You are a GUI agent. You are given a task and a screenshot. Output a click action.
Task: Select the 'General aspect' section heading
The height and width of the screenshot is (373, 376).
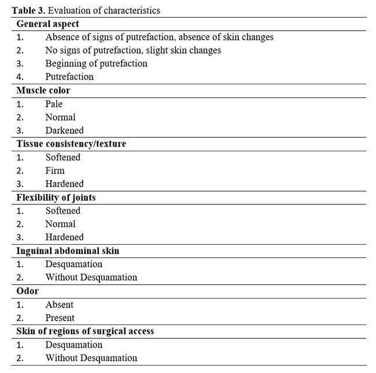pyautogui.click(x=47, y=24)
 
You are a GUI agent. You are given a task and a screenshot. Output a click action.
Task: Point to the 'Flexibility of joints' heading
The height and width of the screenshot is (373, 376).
pyautogui.click(x=56, y=197)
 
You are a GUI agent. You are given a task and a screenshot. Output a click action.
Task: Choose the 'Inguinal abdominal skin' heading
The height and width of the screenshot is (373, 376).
pyautogui.click(x=68, y=251)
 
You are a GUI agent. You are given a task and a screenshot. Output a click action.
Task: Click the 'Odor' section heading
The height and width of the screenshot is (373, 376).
pyautogui.click(x=27, y=291)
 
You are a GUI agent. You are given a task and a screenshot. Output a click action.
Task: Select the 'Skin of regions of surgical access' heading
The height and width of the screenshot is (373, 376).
pyautogui.click(x=84, y=331)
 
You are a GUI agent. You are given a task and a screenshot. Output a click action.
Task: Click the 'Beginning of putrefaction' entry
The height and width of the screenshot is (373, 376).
pyautogui.click(x=96, y=64)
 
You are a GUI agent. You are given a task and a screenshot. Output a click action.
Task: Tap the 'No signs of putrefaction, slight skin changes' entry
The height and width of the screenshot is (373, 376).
pyautogui.click(x=133, y=50)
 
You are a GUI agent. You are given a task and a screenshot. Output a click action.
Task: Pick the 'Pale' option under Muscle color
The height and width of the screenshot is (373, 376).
pyautogui.click(x=54, y=104)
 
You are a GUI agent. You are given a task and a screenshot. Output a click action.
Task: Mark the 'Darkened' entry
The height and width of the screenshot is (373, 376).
pyautogui.click(x=64, y=130)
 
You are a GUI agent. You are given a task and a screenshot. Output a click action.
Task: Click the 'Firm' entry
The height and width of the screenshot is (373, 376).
pyautogui.click(x=55, y=170)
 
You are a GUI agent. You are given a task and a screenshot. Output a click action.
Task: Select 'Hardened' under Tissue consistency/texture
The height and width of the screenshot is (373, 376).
pyautogui.click(x=64, y=184)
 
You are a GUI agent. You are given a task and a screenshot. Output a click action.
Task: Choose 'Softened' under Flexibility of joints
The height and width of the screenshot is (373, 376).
pyautogui.click(x=62, y=211)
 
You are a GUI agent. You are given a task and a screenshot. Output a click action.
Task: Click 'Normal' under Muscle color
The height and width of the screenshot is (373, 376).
pyautogui.click(x=60, y=117)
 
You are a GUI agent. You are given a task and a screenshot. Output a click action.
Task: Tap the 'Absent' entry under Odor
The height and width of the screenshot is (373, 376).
pyautogui.click(x=60, y=304)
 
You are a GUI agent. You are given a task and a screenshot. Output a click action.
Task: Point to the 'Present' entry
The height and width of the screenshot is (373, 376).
pyautogui.click(x=60, y=318)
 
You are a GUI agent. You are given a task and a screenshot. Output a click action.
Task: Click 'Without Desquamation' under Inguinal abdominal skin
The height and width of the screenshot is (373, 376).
pyautogui.click(x=91, y=277)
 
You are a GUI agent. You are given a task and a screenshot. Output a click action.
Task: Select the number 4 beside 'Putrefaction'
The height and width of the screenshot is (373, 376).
pyautogui.click(x=20, y=77)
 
